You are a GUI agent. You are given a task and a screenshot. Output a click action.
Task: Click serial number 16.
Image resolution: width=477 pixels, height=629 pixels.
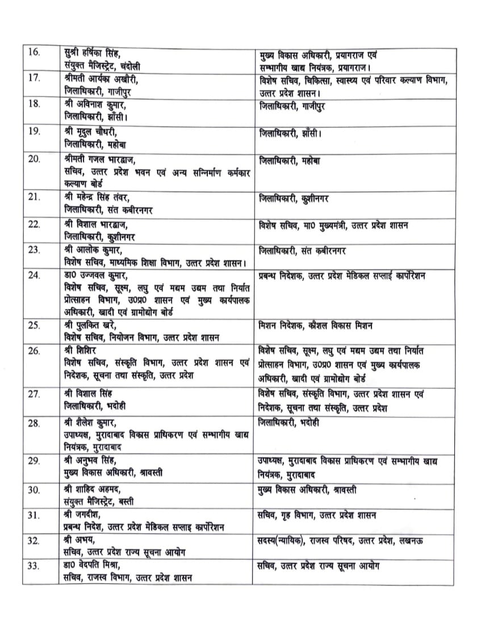[x=34, y=53]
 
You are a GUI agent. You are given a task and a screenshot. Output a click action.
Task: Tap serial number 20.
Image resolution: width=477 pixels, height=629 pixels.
[x=34, y=159]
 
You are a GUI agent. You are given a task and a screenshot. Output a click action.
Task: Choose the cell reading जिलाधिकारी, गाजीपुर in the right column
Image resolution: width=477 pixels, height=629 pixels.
[x=292, y=106]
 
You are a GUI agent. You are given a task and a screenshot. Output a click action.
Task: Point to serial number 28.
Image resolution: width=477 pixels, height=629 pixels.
[x=34, y=423]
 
